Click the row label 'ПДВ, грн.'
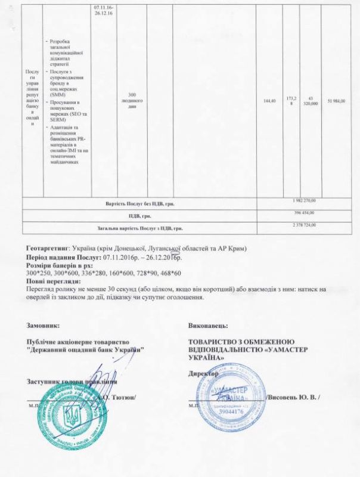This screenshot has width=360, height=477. pos(139,216)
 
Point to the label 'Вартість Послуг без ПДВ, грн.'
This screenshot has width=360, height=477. pos(139,203)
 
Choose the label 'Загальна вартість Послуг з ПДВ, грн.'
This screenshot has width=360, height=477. pos(139,228)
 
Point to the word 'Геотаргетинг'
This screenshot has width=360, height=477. pos(48,247)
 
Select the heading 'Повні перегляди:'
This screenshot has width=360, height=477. pos(53,281)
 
